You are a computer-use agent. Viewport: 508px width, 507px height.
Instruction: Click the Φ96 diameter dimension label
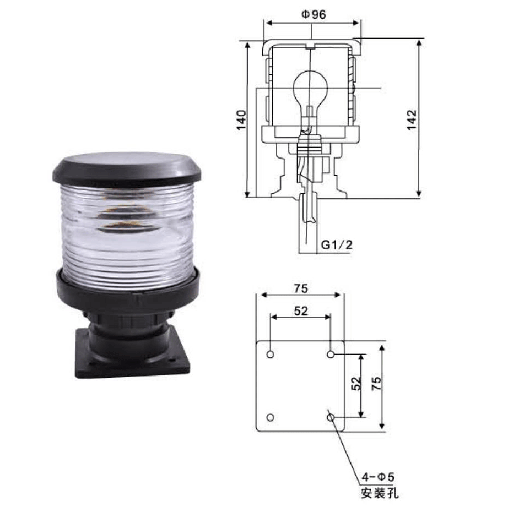(314, 14)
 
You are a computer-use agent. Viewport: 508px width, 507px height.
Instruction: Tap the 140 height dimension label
(241, 120)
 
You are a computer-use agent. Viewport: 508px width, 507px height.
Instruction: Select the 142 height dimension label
(412, 120)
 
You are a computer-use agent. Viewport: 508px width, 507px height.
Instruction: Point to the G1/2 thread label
(336, 244)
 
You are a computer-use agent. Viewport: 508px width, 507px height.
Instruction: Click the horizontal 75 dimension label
(301, 288)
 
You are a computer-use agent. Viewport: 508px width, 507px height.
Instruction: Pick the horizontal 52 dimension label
(301, 311)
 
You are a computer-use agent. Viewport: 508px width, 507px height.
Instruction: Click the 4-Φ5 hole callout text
(378, 477)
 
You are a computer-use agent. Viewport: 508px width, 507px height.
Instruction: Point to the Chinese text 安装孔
(380, 493)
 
